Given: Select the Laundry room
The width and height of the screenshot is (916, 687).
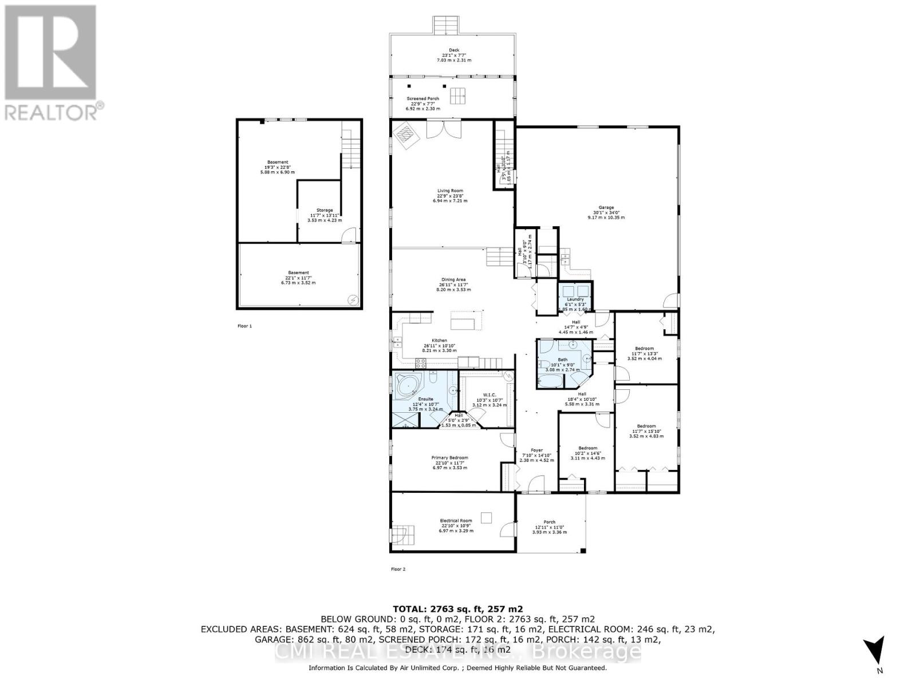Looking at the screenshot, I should (575, 299).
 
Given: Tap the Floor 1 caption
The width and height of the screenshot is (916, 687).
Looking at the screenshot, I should (244, 326).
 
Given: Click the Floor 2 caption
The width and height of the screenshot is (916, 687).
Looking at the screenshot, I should (398, 569).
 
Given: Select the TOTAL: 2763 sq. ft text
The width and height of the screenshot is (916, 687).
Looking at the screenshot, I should (457, 609).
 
